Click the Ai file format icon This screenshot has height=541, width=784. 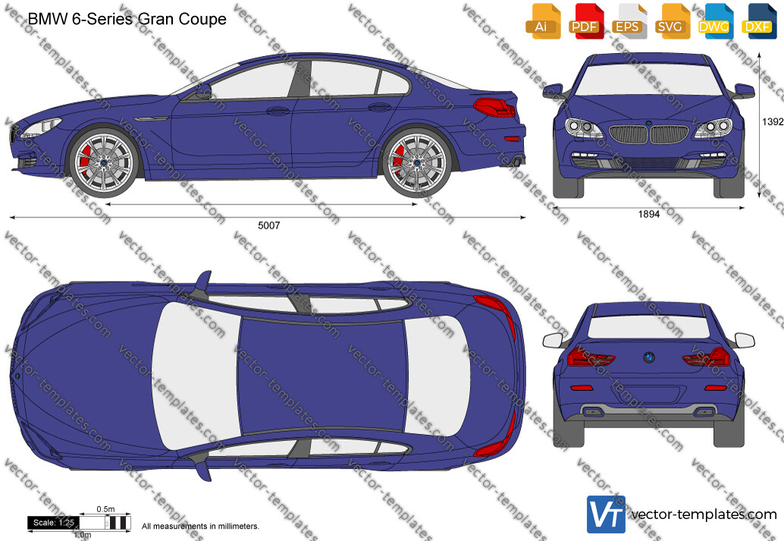tap(543, 21)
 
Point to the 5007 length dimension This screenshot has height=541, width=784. tap(269, 225)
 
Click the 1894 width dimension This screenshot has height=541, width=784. tap(648, 214)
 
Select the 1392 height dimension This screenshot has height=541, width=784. tap(773, 121)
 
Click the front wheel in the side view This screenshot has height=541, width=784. tap(104, 164)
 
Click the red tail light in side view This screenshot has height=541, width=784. tap(494, 107)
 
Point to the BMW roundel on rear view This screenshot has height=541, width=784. tap(648, 357)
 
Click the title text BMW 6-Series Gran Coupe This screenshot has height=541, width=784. tap(127, 19)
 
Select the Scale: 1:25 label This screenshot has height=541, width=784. tap(54, 523)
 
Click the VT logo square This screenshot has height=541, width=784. tap(606, 514)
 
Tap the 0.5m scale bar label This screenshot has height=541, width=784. tap(105, 509)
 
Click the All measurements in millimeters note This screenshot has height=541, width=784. tap(200, 526)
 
